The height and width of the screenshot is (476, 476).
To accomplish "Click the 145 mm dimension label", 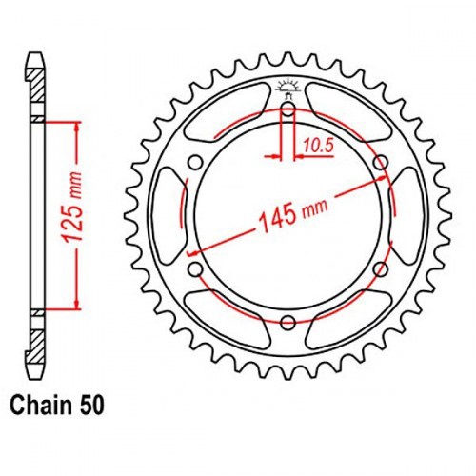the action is coord(293,214).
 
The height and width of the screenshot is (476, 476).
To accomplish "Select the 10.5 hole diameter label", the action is coord(318,146).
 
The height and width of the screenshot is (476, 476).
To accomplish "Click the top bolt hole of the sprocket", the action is coord(288,110).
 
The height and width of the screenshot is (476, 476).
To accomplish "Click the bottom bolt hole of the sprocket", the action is coord(288,323).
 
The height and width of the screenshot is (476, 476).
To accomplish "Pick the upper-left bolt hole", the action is coord(196,163).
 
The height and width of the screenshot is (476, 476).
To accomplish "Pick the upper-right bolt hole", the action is coord(381,163).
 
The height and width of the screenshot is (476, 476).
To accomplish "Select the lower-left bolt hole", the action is coord(196,269).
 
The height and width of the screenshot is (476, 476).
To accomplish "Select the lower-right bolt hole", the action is coord(381,269).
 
